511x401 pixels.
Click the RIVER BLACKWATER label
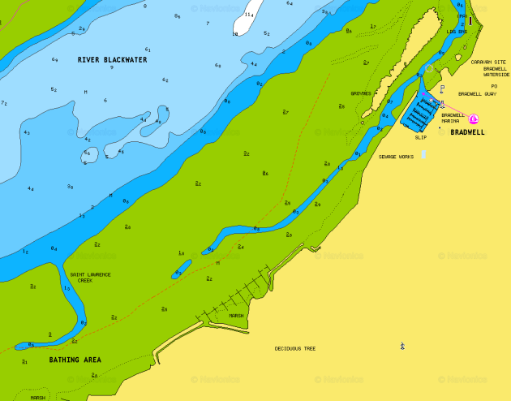112,60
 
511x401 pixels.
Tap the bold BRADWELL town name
467,132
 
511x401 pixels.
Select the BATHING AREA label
75,359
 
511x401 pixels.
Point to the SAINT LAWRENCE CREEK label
90,278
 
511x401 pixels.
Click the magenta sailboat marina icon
474,119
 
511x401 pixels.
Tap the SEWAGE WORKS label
396,157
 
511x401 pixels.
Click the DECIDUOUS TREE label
295,348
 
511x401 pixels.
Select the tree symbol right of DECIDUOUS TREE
402,347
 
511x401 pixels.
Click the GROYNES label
361,94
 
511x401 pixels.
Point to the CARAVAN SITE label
488,62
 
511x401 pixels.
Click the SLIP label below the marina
420,137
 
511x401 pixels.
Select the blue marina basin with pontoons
419,111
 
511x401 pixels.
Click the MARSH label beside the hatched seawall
236,316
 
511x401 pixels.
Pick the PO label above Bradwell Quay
493,85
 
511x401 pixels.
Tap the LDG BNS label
457,32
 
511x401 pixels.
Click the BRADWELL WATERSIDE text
496,71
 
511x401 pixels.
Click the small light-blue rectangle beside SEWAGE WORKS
423,154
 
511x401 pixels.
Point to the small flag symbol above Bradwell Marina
442,88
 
